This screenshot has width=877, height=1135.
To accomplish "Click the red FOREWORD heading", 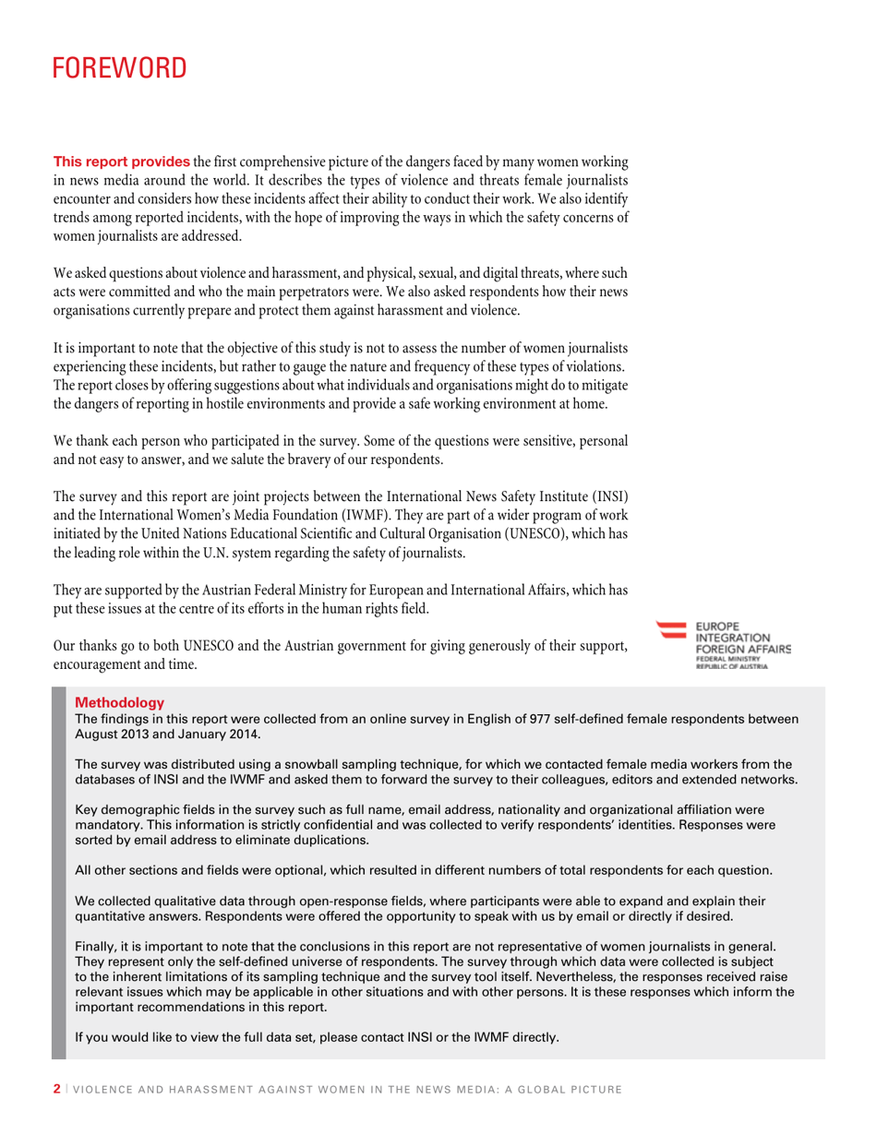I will tap(119, 68).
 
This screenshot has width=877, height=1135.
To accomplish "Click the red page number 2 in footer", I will tap(57, 1090).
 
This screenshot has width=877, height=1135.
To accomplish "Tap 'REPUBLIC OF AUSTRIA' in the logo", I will tap(732, 665).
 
